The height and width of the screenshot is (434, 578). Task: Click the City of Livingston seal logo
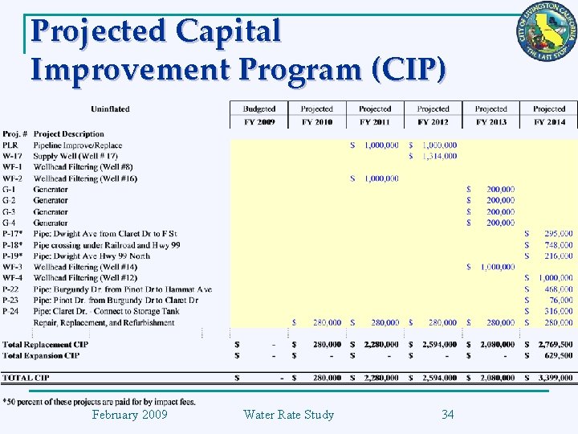546,36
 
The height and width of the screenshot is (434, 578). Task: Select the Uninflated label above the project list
110,108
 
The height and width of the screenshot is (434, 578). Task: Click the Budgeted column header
258,108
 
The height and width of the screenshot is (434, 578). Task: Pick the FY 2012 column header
433,122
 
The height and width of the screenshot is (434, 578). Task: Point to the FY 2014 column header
549,122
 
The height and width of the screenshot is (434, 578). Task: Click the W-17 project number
12,156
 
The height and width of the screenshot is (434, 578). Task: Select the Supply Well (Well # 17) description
75,156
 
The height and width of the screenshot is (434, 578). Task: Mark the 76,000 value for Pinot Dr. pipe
560,300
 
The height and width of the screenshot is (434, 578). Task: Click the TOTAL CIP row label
26,377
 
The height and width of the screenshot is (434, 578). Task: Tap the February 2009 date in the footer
129,415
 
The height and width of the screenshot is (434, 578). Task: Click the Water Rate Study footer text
288,415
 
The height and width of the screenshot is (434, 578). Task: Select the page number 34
448,415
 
